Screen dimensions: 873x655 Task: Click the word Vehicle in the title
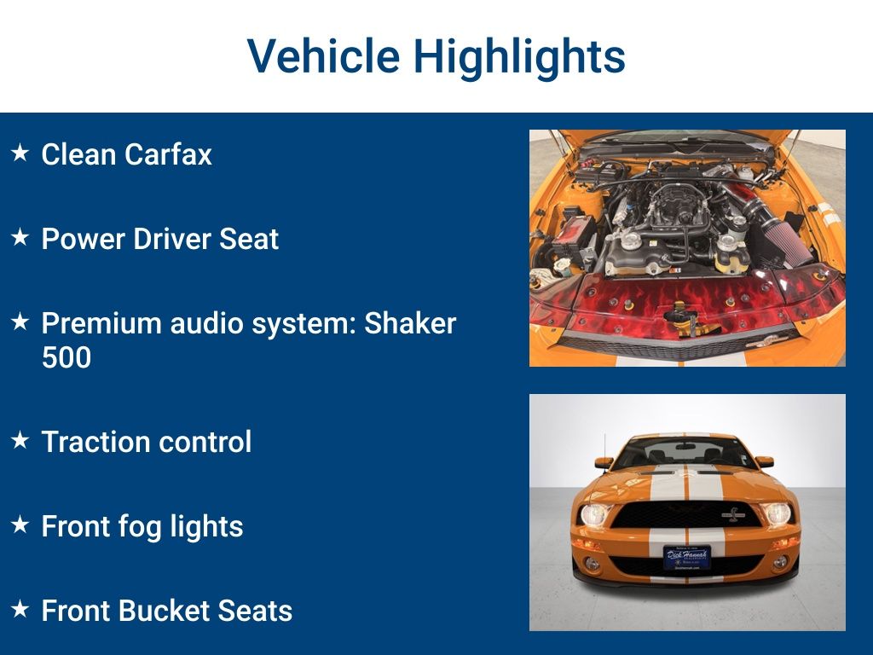[323, 55]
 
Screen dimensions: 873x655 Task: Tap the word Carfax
[168, 154]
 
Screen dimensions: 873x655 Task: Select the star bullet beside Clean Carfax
[20, 153]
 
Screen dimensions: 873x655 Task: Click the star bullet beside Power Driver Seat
[20, 237]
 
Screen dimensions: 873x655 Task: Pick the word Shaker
[410, 323]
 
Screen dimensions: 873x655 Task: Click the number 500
[66, 357]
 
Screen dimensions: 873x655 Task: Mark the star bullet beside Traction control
[20, 440]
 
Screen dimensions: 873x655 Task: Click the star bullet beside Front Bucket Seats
[20, 609]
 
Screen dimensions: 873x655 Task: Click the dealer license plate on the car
[687, 557]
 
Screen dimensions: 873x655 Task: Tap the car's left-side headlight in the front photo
[594, 515]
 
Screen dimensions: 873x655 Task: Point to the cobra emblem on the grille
[733, 515]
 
